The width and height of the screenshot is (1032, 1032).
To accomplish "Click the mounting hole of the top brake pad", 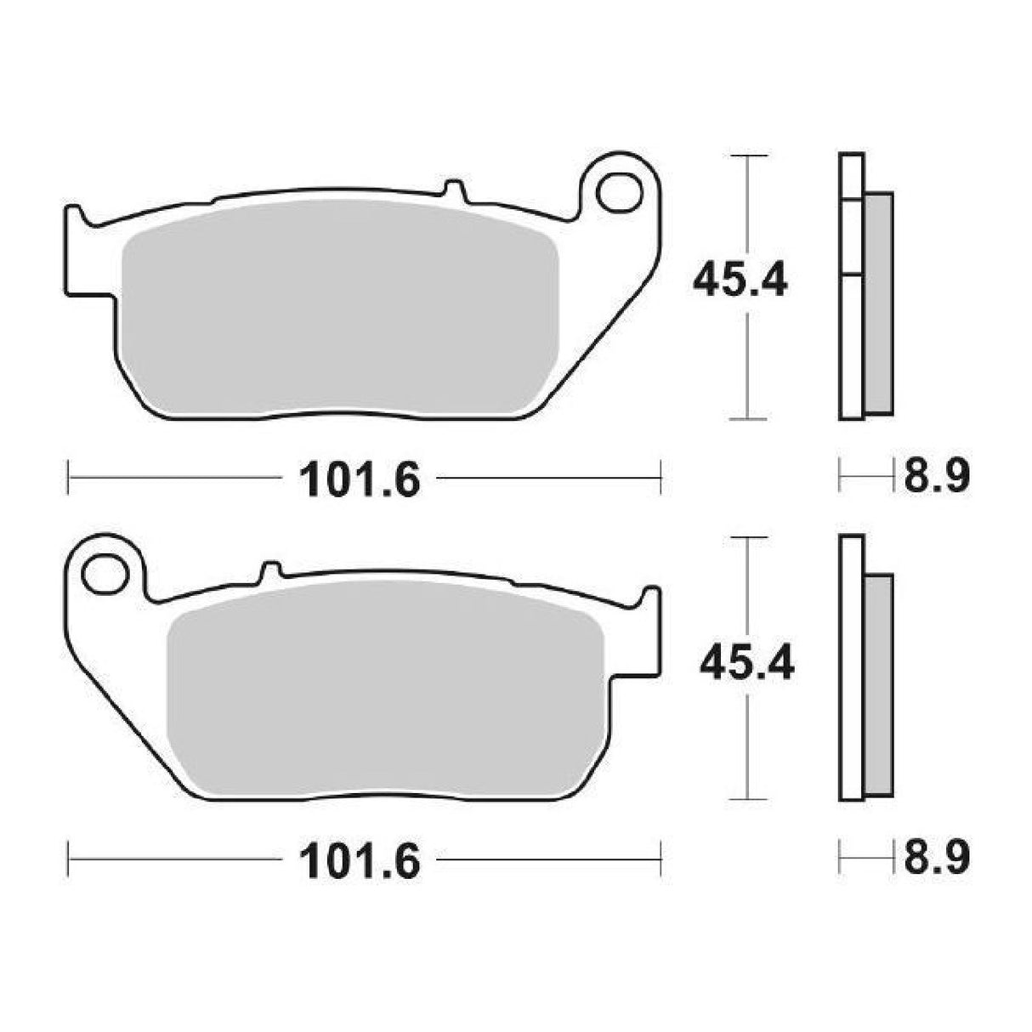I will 618,192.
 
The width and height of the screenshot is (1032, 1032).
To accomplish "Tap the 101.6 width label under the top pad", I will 360,480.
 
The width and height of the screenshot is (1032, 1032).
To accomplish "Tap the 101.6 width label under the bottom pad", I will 360,863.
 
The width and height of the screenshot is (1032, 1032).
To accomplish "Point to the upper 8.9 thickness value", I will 937,478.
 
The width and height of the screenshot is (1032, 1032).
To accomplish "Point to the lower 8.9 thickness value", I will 937,859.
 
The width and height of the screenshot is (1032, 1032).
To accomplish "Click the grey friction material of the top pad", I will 340,310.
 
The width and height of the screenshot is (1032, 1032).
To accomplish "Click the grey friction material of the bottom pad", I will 387,689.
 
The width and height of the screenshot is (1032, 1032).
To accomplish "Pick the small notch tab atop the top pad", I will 454,189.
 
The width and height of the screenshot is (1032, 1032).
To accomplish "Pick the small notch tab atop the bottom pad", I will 270,571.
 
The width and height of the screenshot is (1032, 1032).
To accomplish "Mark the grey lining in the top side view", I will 879,302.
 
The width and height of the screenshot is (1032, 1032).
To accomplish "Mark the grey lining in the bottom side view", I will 879,684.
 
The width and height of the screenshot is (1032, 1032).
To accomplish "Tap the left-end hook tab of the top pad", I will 75,219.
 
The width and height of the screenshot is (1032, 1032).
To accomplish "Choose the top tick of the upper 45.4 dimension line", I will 746,156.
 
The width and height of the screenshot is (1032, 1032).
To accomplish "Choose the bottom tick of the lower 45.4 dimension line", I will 746,798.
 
